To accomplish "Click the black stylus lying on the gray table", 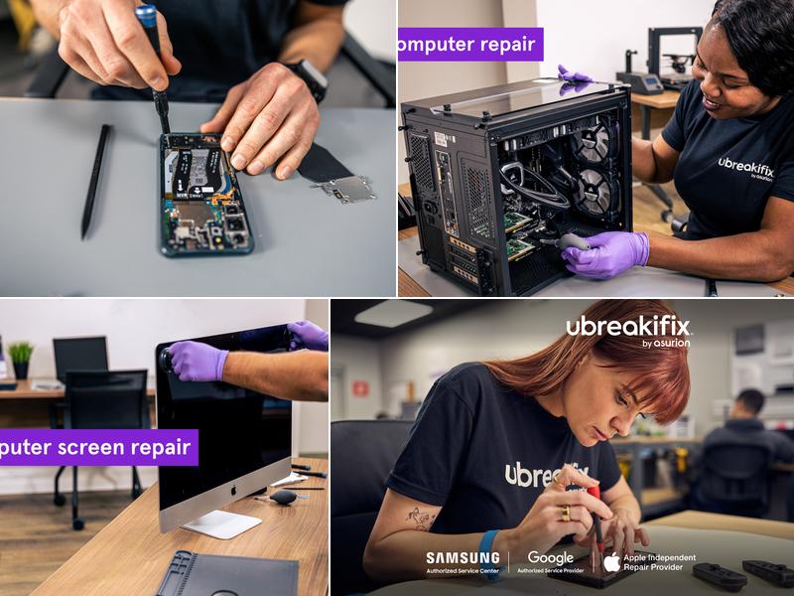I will tap(96, 179).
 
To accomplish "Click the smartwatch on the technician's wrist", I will tap(307, 77).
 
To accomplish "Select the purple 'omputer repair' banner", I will tap(469, 44).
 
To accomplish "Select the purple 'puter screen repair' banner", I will tap(97, 447).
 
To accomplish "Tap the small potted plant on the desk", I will tap(21, 358).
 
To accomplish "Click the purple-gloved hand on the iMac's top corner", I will tap(198, 361).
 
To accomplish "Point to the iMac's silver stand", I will tap(221, 522).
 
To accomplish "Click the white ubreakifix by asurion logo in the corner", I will tap(628, 330).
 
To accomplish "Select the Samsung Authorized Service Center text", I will tap(463, 562).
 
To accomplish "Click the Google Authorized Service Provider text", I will tap(550, 562).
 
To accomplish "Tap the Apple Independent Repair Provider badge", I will tap(649, 562).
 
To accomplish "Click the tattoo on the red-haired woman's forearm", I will tap(421, 518).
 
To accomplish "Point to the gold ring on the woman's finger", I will tap(568, 513).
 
